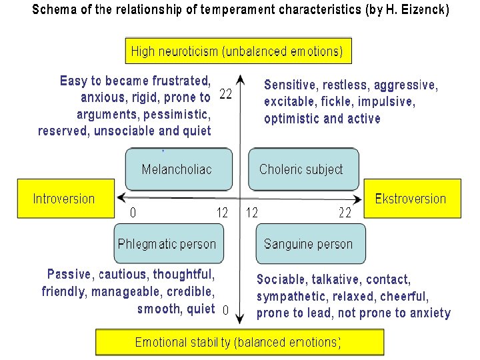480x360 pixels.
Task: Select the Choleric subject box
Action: (303, 169)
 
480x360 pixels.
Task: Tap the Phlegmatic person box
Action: (167, 243)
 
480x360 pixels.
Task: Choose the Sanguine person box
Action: (310, 243)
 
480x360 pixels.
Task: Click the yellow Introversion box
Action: (64, 199)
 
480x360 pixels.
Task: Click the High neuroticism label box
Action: (238, 51)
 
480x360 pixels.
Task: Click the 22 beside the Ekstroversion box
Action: (345, 213)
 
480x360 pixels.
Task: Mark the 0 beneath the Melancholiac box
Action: (133, 213)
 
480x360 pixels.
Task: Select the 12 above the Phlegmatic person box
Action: (223, 213)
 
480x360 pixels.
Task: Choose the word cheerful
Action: (403, 296)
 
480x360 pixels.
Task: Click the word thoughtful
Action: (183, 275)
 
